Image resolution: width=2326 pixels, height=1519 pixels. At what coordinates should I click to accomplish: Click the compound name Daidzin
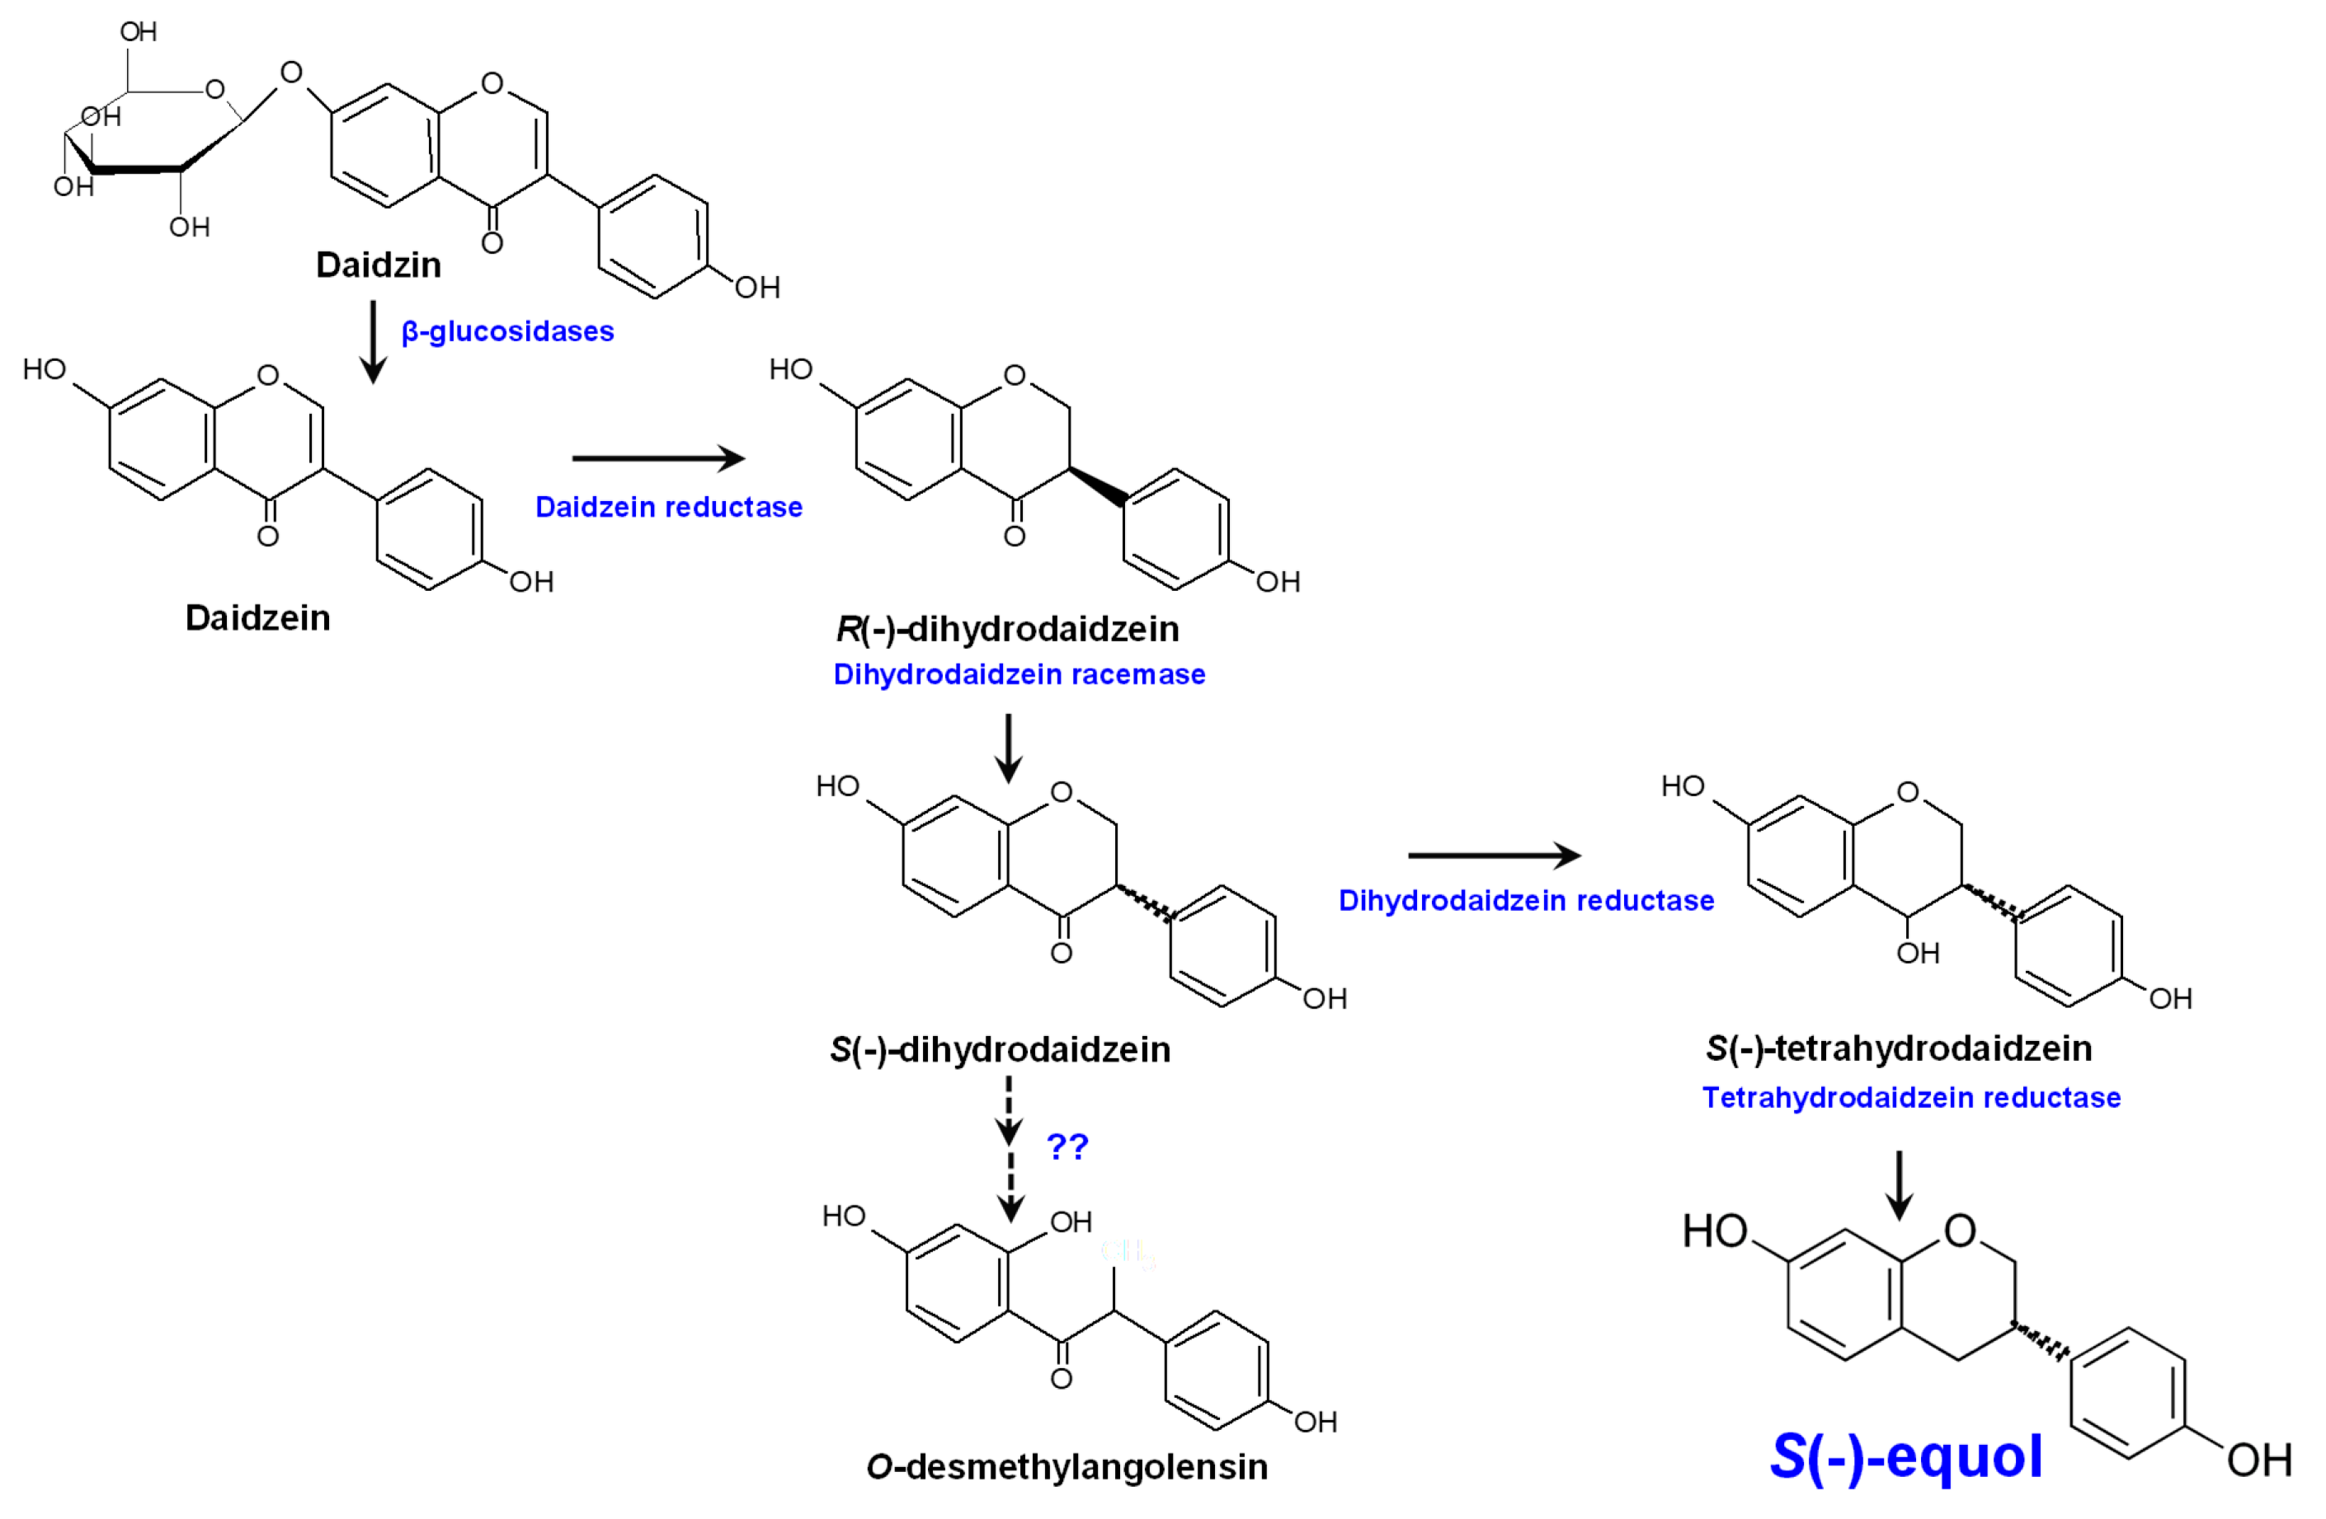379,265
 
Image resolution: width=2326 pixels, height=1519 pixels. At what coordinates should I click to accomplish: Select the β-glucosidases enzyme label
507,331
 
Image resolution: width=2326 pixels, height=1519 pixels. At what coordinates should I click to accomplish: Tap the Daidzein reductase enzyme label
668,507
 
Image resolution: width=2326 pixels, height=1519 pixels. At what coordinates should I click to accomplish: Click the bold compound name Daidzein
258,617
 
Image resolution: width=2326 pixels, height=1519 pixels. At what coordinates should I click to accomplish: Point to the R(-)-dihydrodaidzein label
1008,628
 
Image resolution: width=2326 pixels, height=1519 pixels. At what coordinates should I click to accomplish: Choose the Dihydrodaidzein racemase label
1019,674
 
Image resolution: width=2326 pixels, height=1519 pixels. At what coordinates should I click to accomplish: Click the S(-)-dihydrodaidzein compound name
1000,1049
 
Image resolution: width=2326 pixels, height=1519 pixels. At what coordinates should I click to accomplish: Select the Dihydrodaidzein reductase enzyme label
1526,900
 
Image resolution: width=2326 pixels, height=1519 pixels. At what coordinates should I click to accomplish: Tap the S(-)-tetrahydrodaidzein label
1899,1048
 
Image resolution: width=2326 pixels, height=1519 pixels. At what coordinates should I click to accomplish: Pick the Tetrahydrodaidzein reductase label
1910,1097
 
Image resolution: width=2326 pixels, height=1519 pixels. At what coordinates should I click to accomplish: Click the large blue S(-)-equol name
1906,1456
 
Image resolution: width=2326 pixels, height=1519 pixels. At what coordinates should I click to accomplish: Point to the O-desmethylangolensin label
1066,1466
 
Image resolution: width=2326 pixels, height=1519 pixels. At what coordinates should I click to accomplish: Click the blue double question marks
1067,1145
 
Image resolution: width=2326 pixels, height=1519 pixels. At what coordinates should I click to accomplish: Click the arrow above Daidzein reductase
657,457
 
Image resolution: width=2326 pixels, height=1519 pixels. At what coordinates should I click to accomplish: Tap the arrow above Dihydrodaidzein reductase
1493,856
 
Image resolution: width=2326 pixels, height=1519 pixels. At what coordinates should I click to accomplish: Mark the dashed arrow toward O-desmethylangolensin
1010,1149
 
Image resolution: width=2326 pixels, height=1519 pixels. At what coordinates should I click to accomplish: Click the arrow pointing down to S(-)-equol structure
1899,1185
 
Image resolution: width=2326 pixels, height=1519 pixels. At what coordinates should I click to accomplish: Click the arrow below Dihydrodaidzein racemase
1009,748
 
